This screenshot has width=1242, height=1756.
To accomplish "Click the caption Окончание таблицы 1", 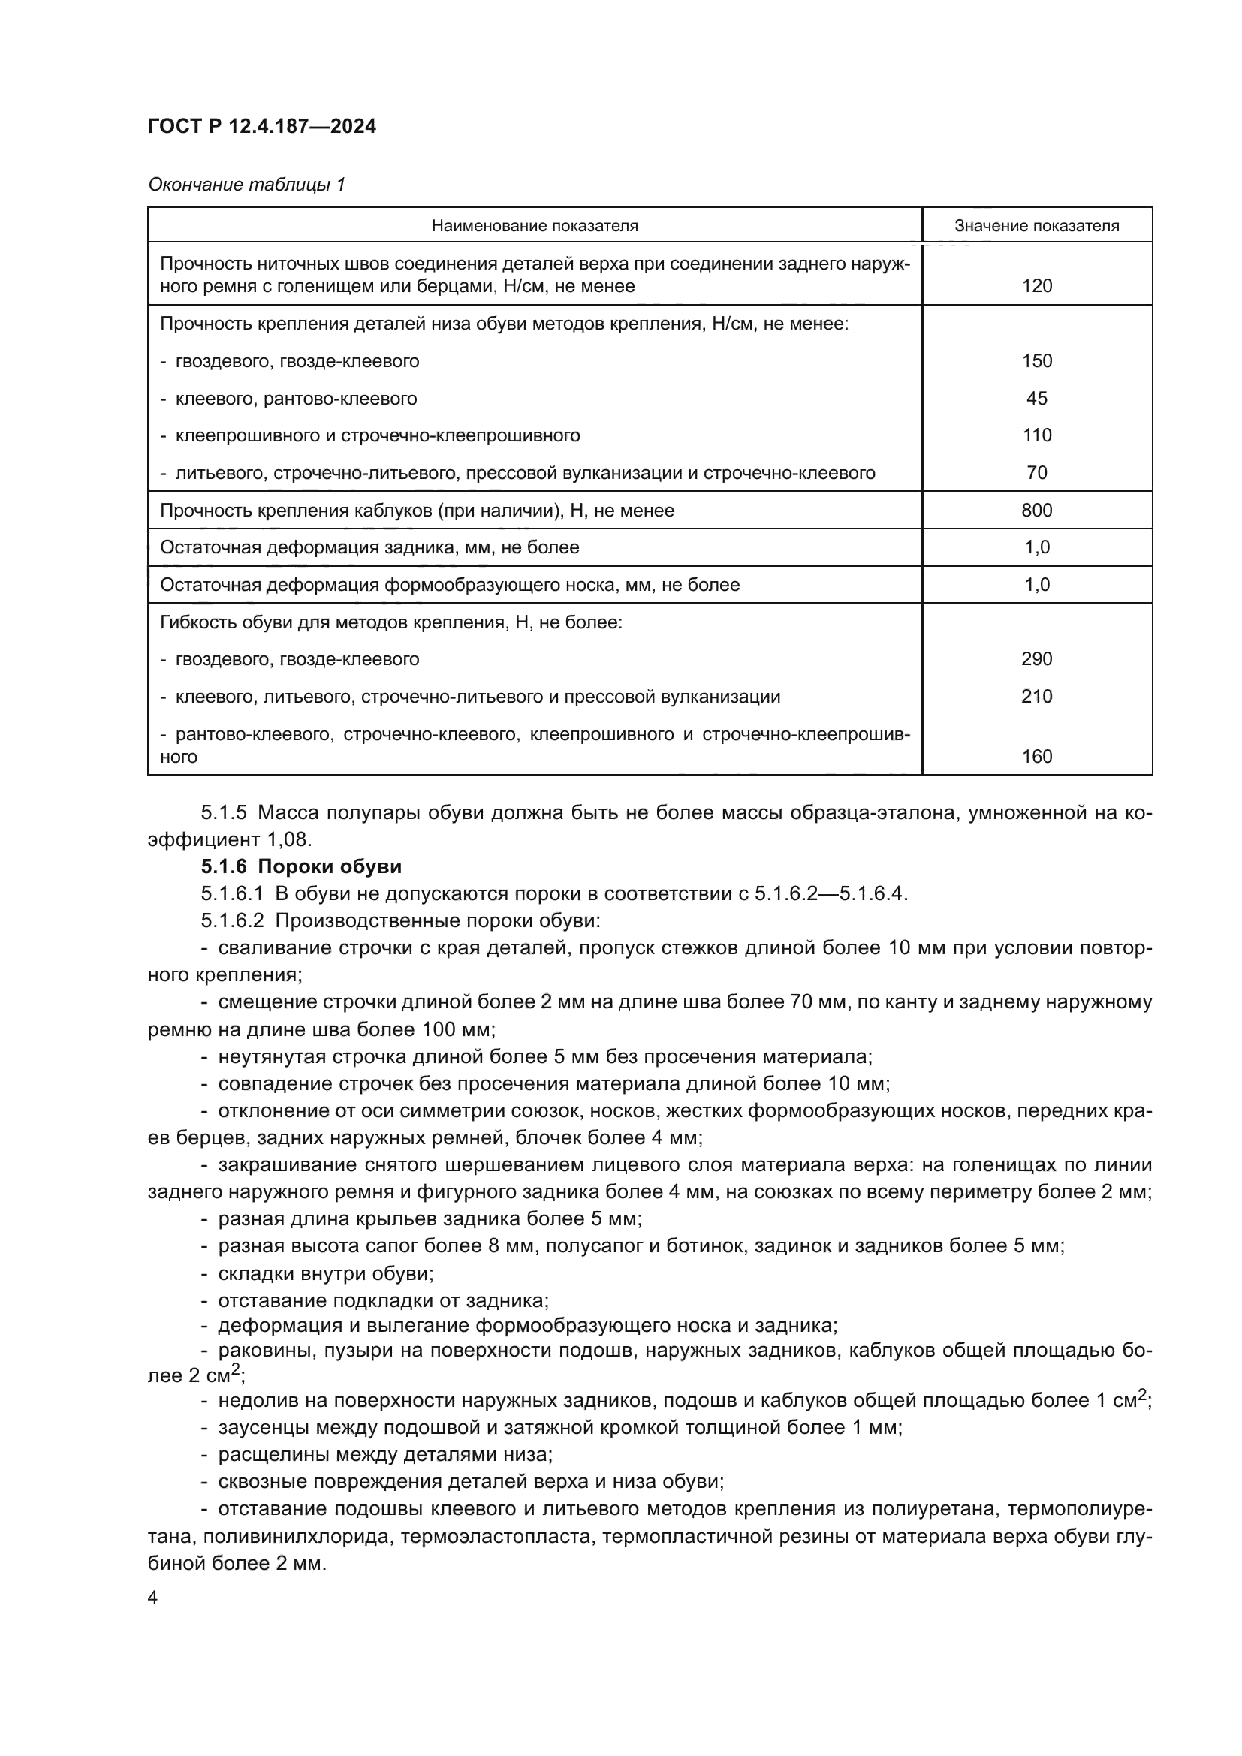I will point(246,185).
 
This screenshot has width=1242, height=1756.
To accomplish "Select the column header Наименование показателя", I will point(535,226).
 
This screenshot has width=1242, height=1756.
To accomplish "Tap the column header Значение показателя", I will point(1036,226).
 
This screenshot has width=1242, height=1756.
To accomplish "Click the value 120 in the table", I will point(1036,286).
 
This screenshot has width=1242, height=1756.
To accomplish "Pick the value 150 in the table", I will point(1036,361).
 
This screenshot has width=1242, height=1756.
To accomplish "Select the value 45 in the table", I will point(1036,399).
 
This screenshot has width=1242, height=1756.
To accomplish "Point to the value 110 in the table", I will point(1036,436).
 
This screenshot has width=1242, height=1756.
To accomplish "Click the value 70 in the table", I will point(1036,474).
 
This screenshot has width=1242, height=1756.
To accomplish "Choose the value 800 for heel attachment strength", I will point(1036,510).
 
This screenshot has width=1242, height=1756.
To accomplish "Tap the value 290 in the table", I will point(1036,659).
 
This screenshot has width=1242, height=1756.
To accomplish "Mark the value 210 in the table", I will point(1036,697).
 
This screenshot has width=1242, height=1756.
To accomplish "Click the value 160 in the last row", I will point(1036,757).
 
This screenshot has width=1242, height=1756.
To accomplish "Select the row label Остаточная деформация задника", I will point(369,547).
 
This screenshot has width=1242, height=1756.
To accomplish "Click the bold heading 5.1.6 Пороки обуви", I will point(301,866).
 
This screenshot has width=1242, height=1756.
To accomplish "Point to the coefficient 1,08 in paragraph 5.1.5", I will point(288,840).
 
